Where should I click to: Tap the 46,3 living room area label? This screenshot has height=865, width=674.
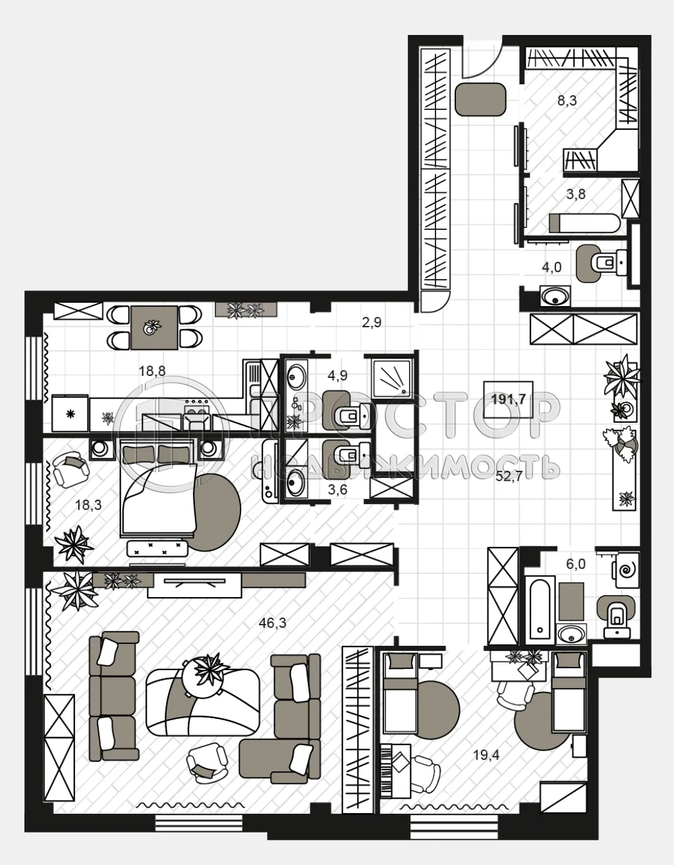coord(272,623)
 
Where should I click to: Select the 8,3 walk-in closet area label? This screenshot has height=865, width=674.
coord(567,100)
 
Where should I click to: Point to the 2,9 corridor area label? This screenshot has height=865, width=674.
coord(371,323)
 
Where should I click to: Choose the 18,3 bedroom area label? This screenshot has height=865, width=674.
coord(88,505)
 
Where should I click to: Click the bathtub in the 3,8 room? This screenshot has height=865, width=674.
coord(583,223)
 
